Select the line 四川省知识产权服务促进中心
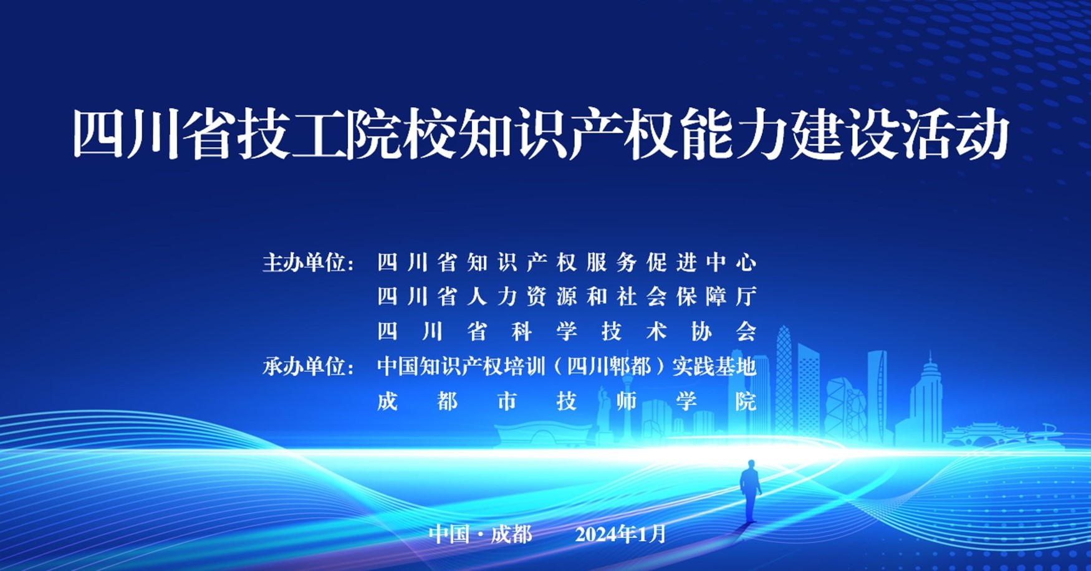click(x=567, y=263)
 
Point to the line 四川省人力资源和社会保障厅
click(x=567, y=297)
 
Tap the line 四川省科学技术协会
click(x=567, y=332)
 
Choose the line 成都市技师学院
click(x=567, y=401)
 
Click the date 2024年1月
click(x=621, y=534)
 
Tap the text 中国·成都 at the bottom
click(x=481, y=534)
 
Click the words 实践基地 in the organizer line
click(x=714, y=367)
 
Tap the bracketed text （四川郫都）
click(x=609, y=367)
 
